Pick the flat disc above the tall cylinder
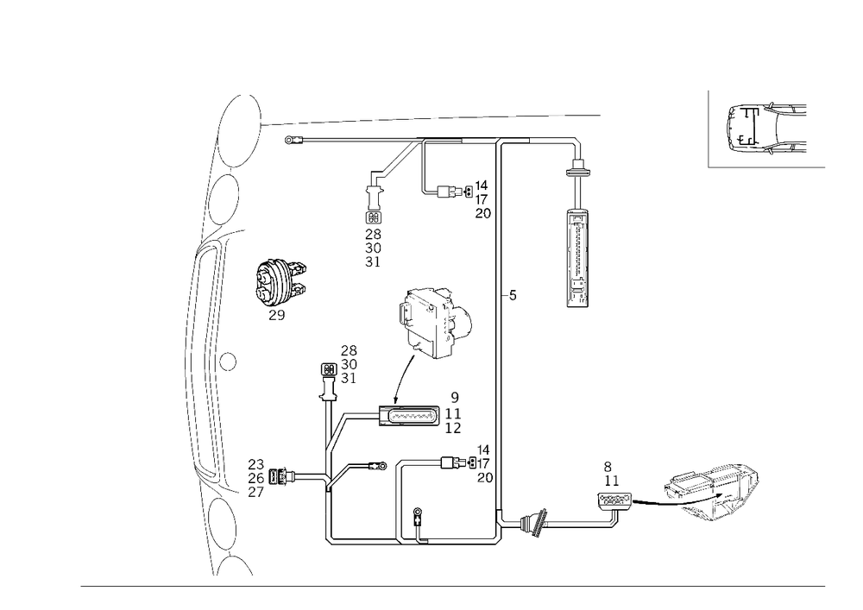[x=576, y=172]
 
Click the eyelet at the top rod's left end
[x=288, y=139]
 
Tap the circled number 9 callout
[x=455, y=394]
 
